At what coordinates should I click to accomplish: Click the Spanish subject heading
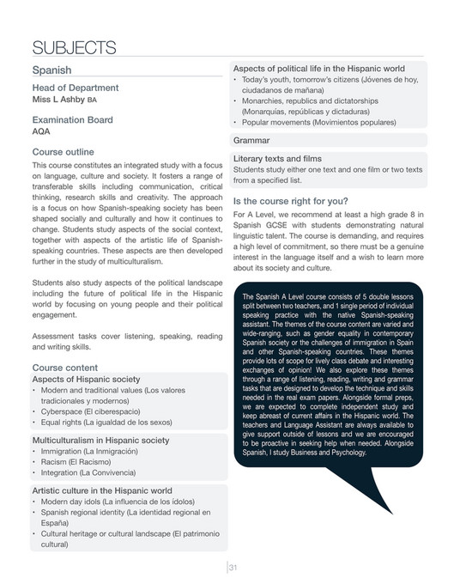coord(51,70)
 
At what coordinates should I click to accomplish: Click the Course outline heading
coord(69,151)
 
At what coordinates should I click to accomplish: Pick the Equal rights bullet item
coord(106,422)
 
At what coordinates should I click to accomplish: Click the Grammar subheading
coord(251,139)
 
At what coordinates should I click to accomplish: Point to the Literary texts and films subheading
coord(277,159)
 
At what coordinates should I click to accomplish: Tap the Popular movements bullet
coord(314,123)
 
